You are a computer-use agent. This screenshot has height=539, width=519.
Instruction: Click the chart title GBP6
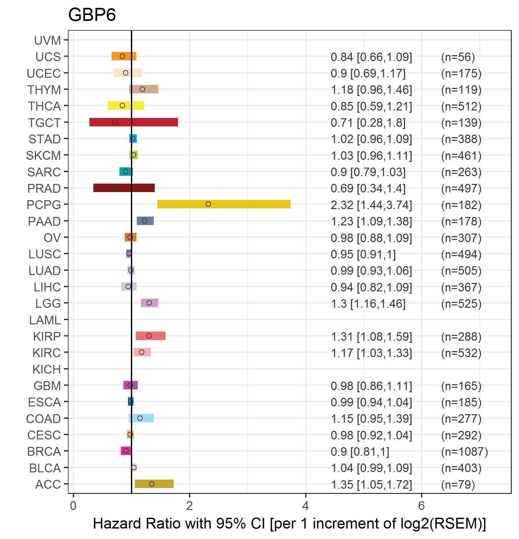pyautogui.click(x=92, y=15)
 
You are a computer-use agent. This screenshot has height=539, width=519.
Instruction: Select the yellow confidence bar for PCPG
pyautogui.click(x=224, y=204)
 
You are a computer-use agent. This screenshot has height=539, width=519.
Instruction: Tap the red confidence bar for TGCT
pyautogui.click(x=134, y=122)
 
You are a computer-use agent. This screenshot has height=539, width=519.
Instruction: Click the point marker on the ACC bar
pyautogui.click(x=152, y=484)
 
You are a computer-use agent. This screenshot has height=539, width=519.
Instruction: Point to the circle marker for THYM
pyautogui.click(x=142, y=89)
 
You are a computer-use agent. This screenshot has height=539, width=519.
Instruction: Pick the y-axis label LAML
pyautogui.click(x=45, y=320)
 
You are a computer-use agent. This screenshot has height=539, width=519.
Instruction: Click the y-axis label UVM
pyautogui.click(x=48, y=41)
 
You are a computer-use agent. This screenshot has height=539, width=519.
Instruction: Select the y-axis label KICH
pyautogui.click(x=47, y=369)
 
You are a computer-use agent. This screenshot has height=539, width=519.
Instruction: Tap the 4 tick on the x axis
pyautogui.click(x=306, y=506)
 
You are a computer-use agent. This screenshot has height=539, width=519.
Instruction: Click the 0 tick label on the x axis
pyautogui.click(x=73, y=506)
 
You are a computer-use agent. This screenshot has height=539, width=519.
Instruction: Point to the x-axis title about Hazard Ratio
pyautogui.click(x=290, y=524)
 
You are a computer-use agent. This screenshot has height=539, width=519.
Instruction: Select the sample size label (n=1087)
pyautogui.click(x=464, y=452)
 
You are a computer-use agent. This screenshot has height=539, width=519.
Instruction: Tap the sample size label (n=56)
pyautogui.click(x=458, y=57)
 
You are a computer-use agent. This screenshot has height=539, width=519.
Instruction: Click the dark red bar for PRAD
pyautogui.click(x=124, y=188)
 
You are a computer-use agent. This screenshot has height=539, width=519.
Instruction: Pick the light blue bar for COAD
pyautogui.click(x=141, y=418)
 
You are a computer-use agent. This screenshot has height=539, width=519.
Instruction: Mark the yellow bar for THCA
pyautogui.click(x=126, y=106)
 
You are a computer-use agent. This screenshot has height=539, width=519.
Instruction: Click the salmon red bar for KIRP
pyautogui.click(x=150, y=336)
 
